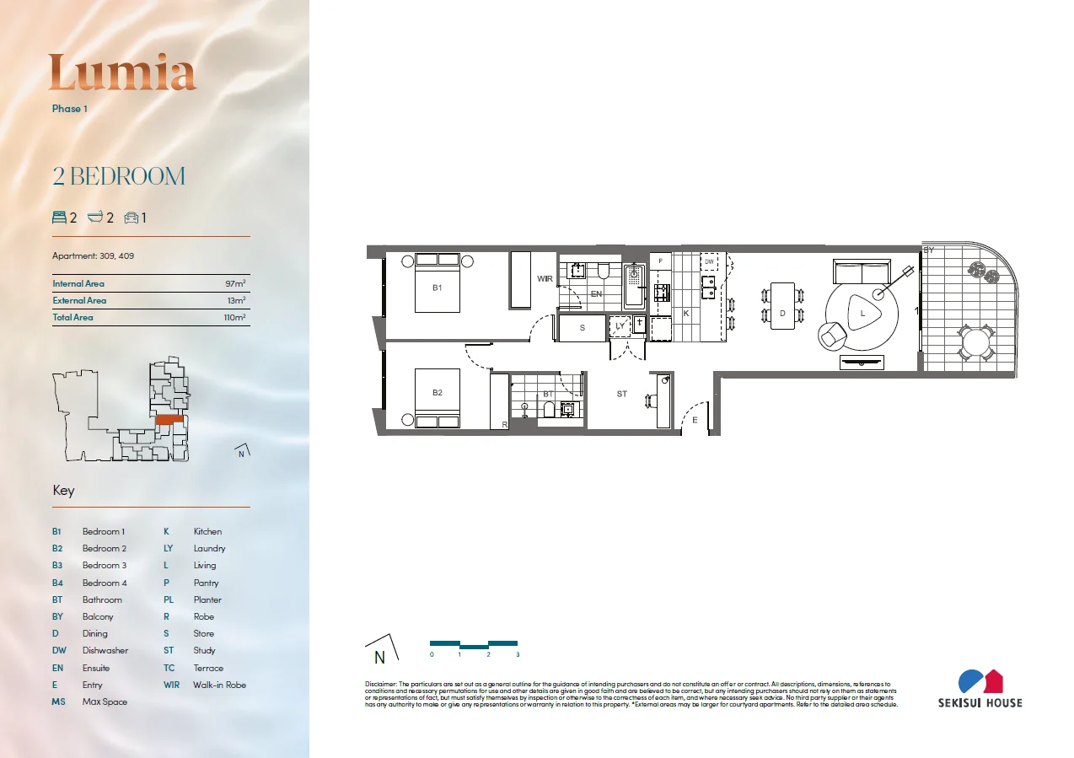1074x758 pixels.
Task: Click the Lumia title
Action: [122, 73]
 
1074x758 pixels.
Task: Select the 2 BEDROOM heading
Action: [119, 177]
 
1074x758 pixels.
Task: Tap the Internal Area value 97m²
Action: [236, 284]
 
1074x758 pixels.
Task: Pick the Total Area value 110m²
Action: [234, 318]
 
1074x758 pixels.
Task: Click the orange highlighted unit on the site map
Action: [169, 419]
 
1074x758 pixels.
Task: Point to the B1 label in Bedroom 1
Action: [437, 288]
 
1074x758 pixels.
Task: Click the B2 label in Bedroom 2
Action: [437, 393]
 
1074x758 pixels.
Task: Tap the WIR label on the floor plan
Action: [545, 278]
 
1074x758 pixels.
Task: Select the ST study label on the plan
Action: [621, 394]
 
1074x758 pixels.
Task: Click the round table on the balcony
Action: [976, 343]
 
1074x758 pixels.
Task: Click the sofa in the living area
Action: [861, 271]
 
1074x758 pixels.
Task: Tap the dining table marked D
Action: [782, 305]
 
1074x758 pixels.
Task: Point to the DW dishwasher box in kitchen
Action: [709, 262]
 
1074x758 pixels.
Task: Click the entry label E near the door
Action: [695, 419]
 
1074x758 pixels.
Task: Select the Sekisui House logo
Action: [980, 688]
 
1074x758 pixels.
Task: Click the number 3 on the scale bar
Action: [517, 654]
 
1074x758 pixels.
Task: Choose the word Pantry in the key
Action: [206, 583]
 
